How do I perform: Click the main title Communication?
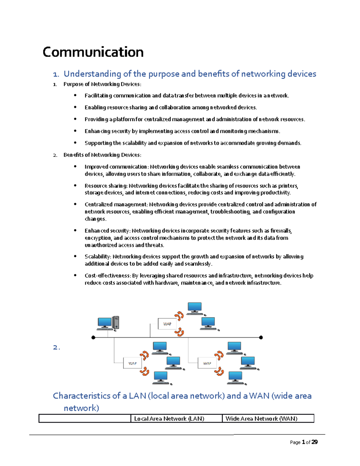93,52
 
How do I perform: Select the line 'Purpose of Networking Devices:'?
102,84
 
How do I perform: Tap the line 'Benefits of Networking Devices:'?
102,155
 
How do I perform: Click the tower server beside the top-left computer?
115,323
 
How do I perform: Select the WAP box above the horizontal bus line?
167,324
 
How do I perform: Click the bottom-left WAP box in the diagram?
132,363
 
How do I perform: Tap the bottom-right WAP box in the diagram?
207,363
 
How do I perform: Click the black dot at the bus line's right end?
261,338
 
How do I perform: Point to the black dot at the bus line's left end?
93,338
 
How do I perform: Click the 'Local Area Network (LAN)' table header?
169,419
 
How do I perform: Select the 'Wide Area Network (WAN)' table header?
261,419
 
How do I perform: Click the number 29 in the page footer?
314,442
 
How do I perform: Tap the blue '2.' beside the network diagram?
56,347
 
